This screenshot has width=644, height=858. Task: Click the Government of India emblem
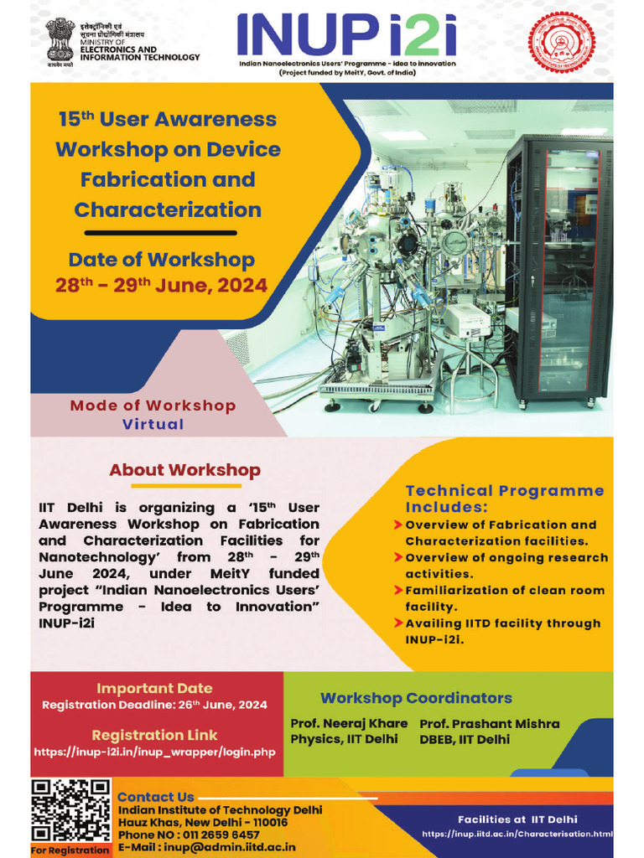(60, 39)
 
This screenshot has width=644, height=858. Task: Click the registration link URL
(154, 752)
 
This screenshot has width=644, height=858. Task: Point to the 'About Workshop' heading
(184, 470)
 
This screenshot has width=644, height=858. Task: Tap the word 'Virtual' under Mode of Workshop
(153, 424)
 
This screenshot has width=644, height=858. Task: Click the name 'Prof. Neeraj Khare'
(349, 723)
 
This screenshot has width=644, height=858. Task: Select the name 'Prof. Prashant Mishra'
(489, 723)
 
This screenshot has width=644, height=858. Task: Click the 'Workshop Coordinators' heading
(416, 698)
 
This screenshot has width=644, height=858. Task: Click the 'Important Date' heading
(154, 689)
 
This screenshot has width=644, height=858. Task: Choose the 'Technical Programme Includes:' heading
(505, 499)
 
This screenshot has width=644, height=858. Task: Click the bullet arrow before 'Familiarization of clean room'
(397, 591)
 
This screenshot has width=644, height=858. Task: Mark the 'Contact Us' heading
(156, 797)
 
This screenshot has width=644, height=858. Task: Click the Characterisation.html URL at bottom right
(517, 834)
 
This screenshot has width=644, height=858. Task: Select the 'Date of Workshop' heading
(161, 260)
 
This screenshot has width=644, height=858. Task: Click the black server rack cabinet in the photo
(558, 268)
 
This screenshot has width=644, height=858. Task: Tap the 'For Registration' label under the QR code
(70, 850)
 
